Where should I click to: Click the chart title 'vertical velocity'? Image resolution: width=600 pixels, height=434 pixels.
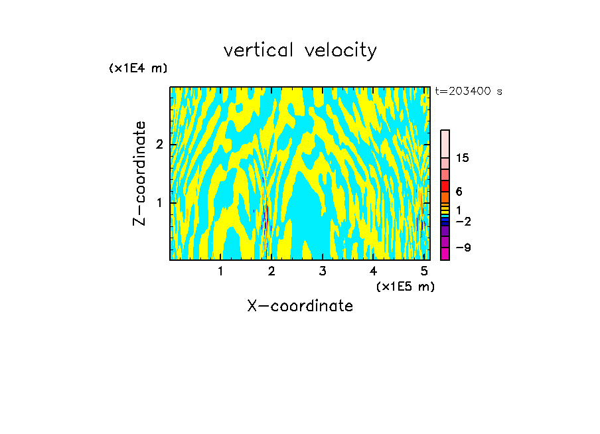click(300, 50)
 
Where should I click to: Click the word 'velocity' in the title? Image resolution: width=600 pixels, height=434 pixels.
click(339, 50)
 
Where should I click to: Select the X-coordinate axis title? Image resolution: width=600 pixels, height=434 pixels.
click(300, 306)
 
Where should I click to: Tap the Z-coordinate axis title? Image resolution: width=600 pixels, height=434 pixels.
click(140, 173)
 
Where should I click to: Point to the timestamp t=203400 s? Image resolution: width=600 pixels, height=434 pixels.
click(469, 92)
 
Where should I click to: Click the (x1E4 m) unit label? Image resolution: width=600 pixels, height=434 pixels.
click(138, 68)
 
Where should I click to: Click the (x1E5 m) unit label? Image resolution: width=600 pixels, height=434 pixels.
click(405, 286)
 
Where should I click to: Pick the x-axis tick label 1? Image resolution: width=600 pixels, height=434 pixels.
click(220, 271)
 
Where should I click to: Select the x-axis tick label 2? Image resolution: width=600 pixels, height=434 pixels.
click(271, 271)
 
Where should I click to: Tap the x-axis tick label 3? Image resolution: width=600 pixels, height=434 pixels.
click(323, 271)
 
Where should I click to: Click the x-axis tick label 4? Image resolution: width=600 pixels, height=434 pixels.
click(374, 271)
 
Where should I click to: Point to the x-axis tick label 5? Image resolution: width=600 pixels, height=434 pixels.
click(424, 271)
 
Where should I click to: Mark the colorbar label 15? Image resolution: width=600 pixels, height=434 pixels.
click(463, 158)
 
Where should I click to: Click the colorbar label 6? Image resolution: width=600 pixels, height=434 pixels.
click(459, 192)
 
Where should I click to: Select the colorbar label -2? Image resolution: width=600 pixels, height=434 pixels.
click(463, 221)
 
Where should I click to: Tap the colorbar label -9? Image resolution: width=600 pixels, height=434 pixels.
click(463, 248)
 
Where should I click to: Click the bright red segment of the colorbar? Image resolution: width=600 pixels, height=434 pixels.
click(445, 186)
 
